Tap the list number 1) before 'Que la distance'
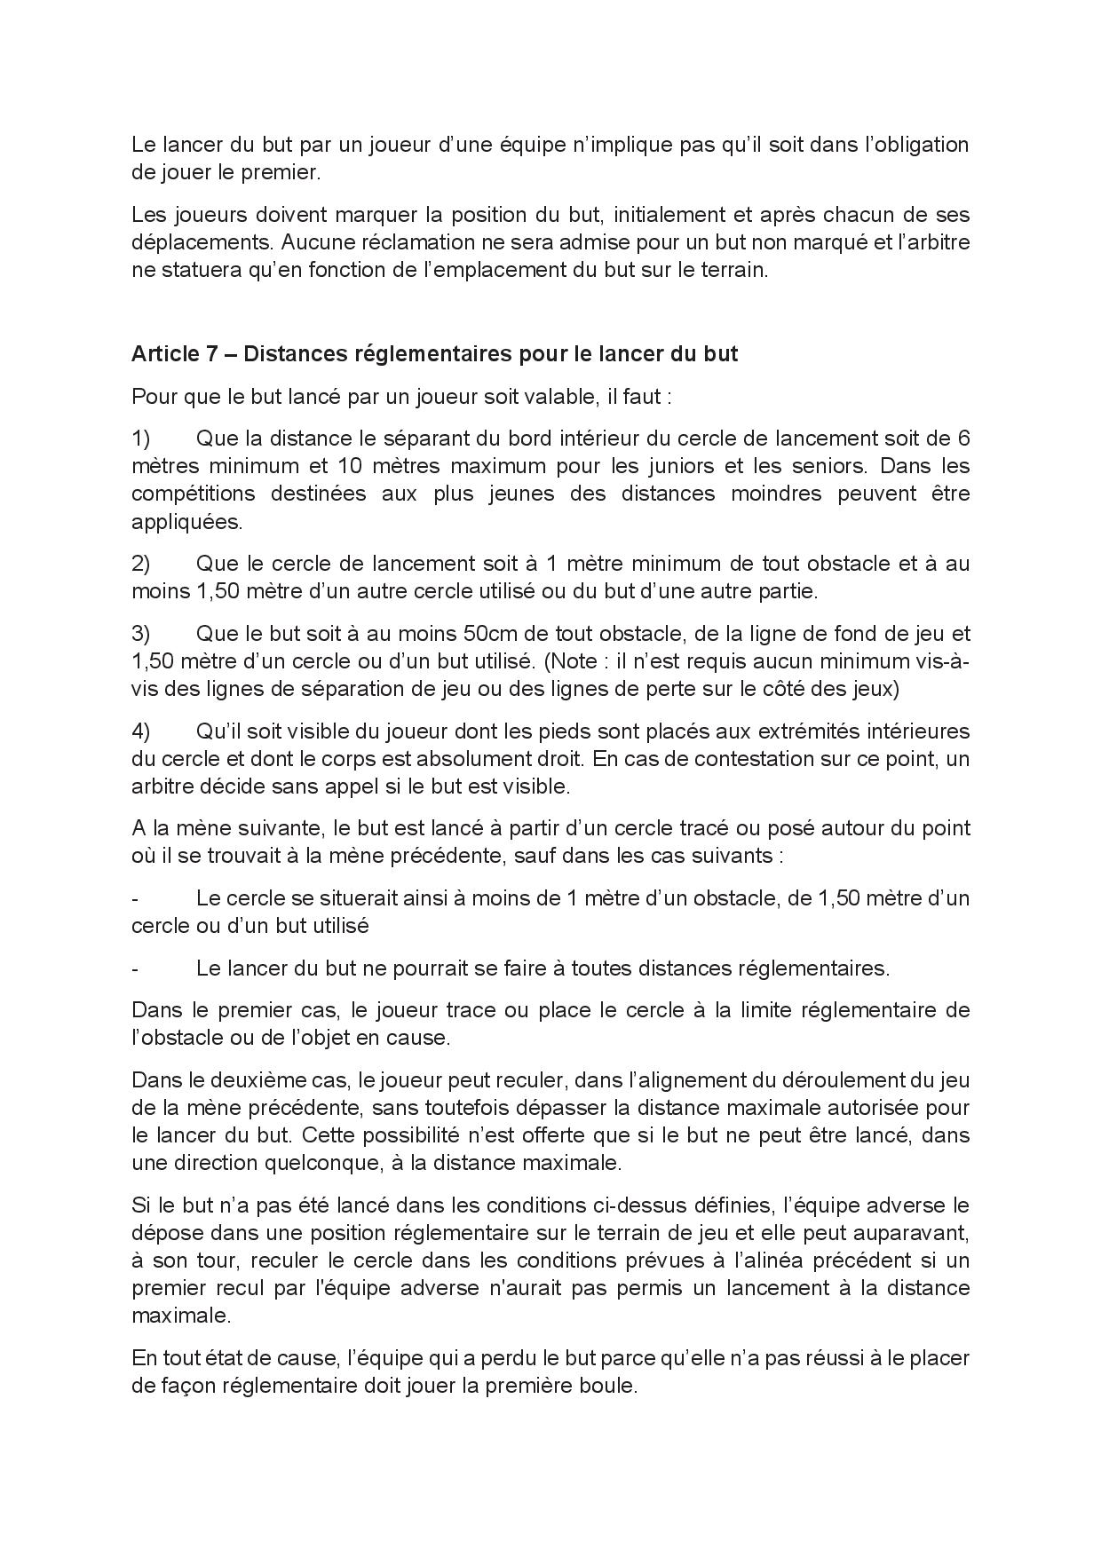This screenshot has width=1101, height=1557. pyautogui.click(x=142, y=438)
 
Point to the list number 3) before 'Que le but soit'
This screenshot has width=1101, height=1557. pyautogui.click(x=142, y=633)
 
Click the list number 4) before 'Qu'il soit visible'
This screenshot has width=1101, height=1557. pyautogui.click(x=142, y=731)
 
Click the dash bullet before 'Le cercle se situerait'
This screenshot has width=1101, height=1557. pyautogui.click(x=135, y=897)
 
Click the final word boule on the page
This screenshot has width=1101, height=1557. pyautogui.click(x=608, y=1385)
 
